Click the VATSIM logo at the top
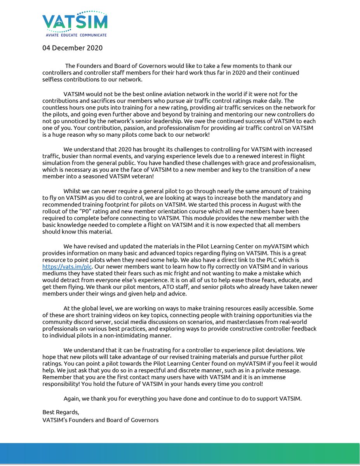75,23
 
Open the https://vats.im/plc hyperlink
67,267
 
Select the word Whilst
73,191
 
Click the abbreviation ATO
185,287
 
